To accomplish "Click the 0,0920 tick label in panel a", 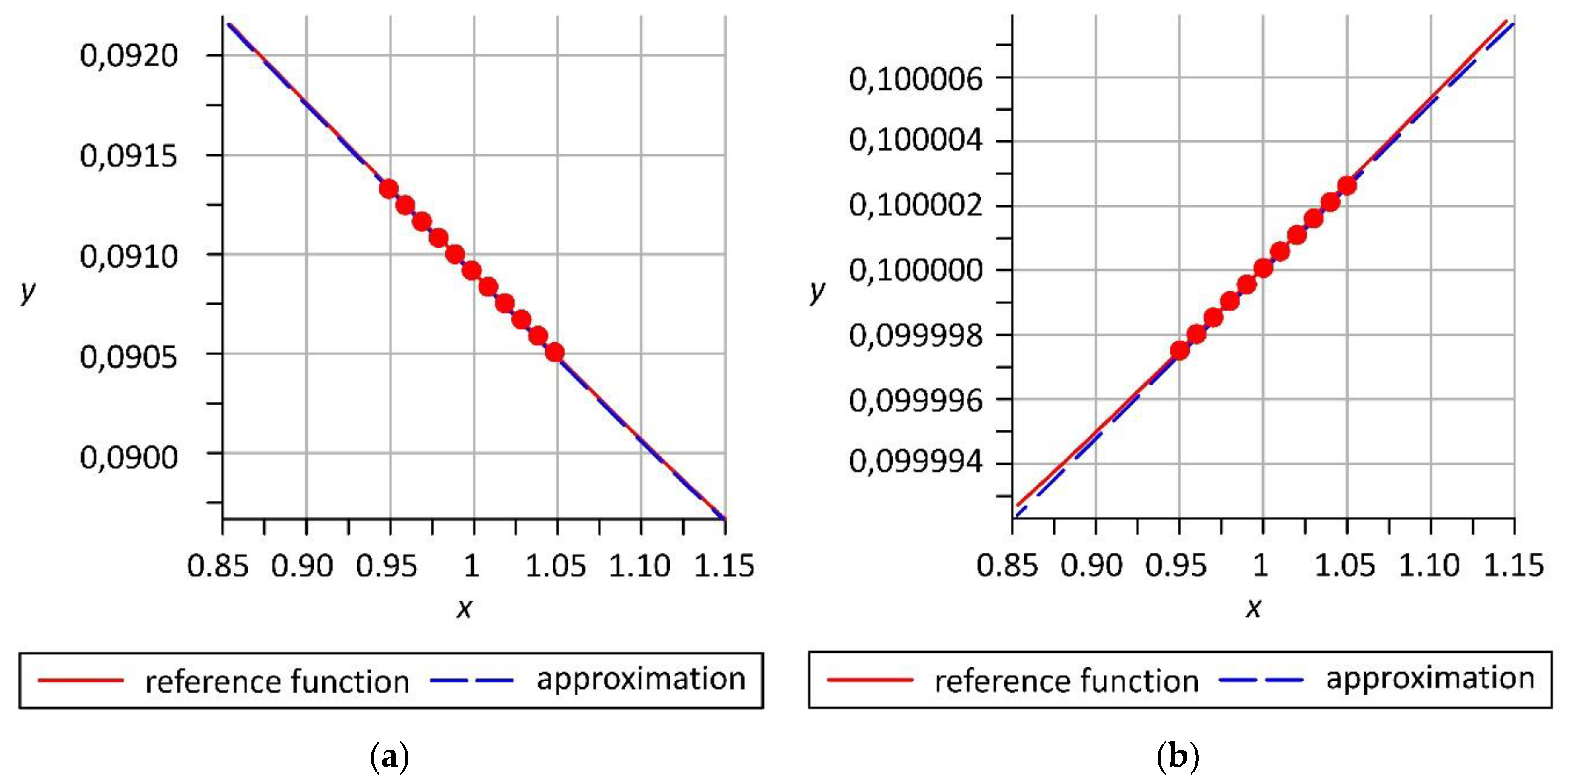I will (x=129, y=56).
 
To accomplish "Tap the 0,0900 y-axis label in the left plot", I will (x=129, y=457).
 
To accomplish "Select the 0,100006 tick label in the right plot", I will (x=916, y=79).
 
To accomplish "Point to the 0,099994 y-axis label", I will (x=916, y=462).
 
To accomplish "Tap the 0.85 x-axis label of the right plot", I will (x=1007, y=565).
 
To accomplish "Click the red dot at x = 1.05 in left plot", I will (x=554, y=352).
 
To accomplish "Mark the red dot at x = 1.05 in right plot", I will (x=1346, y=185).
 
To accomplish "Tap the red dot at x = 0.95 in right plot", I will (x=1180, y=350).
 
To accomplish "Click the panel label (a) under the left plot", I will (x=390, y=757).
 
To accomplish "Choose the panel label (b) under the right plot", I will (x=1178, y=757).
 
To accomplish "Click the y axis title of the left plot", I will (x=27, y=291).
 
